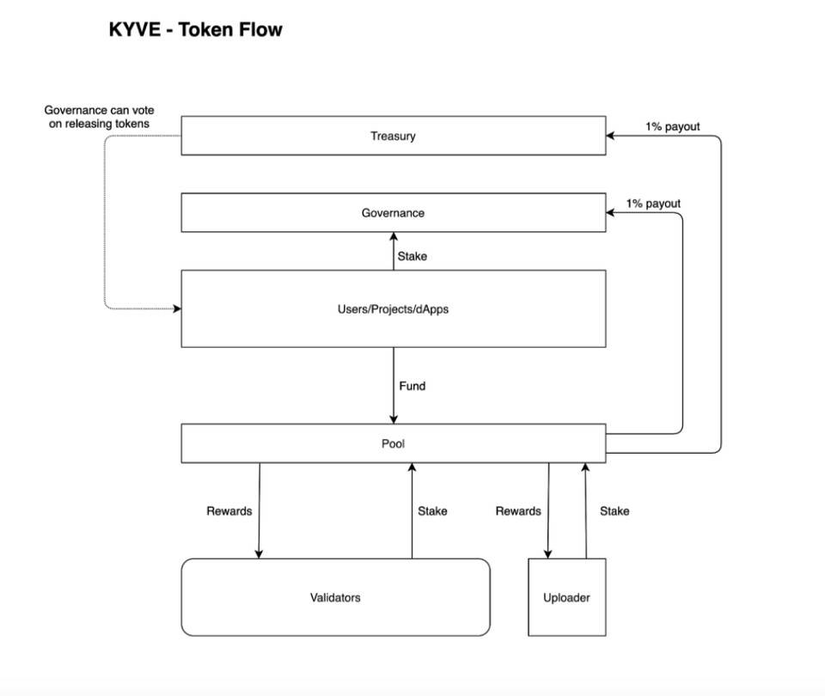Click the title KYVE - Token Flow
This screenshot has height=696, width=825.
(195, 30)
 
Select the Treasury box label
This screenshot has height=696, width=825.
(393, 136)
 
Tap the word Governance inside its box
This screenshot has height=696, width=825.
(393, 212)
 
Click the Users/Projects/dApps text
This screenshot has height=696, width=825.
(393, 308)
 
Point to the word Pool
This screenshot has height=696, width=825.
(393, 444)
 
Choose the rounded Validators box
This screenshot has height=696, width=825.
(335, 597)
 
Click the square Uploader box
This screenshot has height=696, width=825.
(566, 597)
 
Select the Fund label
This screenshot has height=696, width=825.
(412, 386)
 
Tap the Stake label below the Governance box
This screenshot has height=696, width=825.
(412, 256)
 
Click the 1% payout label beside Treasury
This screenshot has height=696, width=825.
(672, 126)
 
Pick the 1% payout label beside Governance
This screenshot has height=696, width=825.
(652, 204)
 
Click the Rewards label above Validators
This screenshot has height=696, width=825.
(229, 510)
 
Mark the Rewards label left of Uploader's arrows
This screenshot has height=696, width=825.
(518, 510)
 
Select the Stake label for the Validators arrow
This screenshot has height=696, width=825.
(432, 510)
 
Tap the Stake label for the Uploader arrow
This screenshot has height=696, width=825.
(614, 510)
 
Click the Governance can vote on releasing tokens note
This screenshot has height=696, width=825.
(99, 117)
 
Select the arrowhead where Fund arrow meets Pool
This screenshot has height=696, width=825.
(394, 420)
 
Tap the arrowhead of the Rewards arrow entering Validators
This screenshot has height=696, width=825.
(259, 554)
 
